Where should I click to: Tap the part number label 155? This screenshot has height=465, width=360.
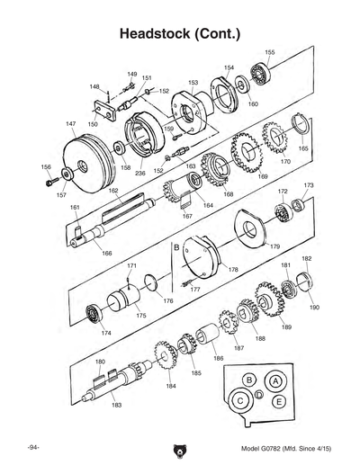click(269, 53)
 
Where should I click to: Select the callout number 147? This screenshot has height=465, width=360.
click(70, 122)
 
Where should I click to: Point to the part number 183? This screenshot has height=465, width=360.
click(116, 406)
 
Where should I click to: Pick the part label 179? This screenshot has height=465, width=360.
click(274, 246)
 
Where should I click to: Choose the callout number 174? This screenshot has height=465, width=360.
click(106, 334)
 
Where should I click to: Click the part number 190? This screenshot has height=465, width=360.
click(313, 307)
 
